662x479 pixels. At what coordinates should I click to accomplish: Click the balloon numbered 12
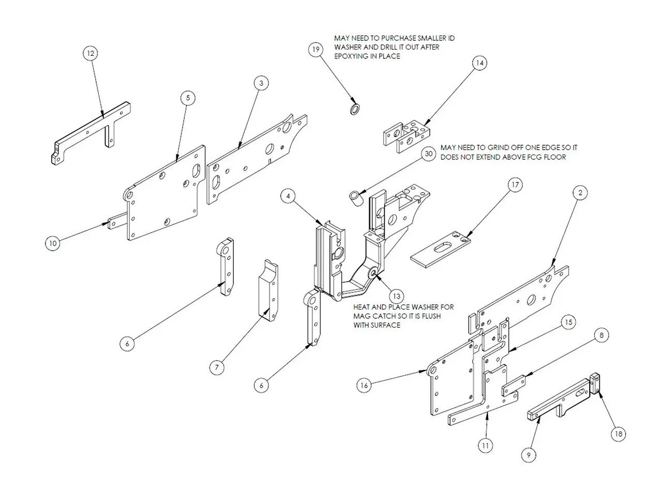click(x=91, y=53)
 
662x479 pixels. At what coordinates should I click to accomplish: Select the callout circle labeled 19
click(x=316, y=50)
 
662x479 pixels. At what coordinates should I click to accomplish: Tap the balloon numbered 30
click(x=428, y=154)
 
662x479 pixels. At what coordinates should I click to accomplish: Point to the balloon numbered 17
click(x=515, y=184)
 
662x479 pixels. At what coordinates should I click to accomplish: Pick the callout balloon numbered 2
click(x=580, y=192)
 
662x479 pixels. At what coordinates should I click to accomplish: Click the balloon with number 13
click(x=397, y=296)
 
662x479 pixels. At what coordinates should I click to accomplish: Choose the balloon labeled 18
click(x=618, y=434)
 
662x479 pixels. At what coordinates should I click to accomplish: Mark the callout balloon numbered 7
click(x=217, y=367)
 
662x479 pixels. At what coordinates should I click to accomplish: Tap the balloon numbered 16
click(x=364, y=385)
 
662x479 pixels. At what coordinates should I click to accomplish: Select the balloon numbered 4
click(x=289, y=196)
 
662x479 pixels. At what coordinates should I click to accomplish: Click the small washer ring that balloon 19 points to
click(x=354, y=109)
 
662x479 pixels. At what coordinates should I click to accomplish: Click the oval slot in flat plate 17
click(x=442, y=249)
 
